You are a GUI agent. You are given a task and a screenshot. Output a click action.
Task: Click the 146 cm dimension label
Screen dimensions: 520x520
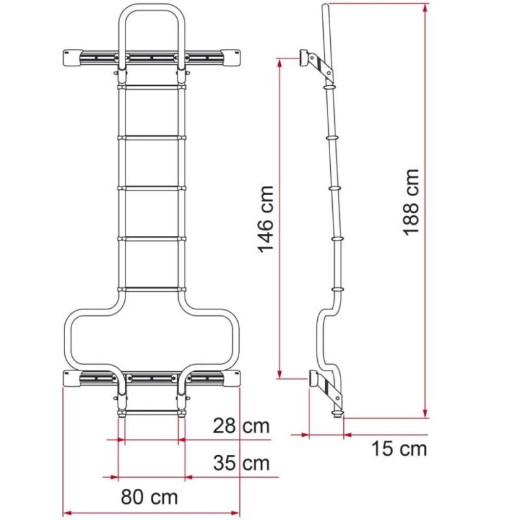point(265,219)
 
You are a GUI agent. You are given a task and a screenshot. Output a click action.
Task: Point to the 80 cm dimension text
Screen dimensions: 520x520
point(149,498)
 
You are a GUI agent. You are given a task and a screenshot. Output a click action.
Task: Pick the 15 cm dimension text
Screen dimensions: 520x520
point(399,448)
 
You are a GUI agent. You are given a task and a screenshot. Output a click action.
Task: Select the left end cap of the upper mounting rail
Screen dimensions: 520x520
point(71,57)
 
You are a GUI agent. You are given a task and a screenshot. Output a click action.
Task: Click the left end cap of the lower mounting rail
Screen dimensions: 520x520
point(71,378)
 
